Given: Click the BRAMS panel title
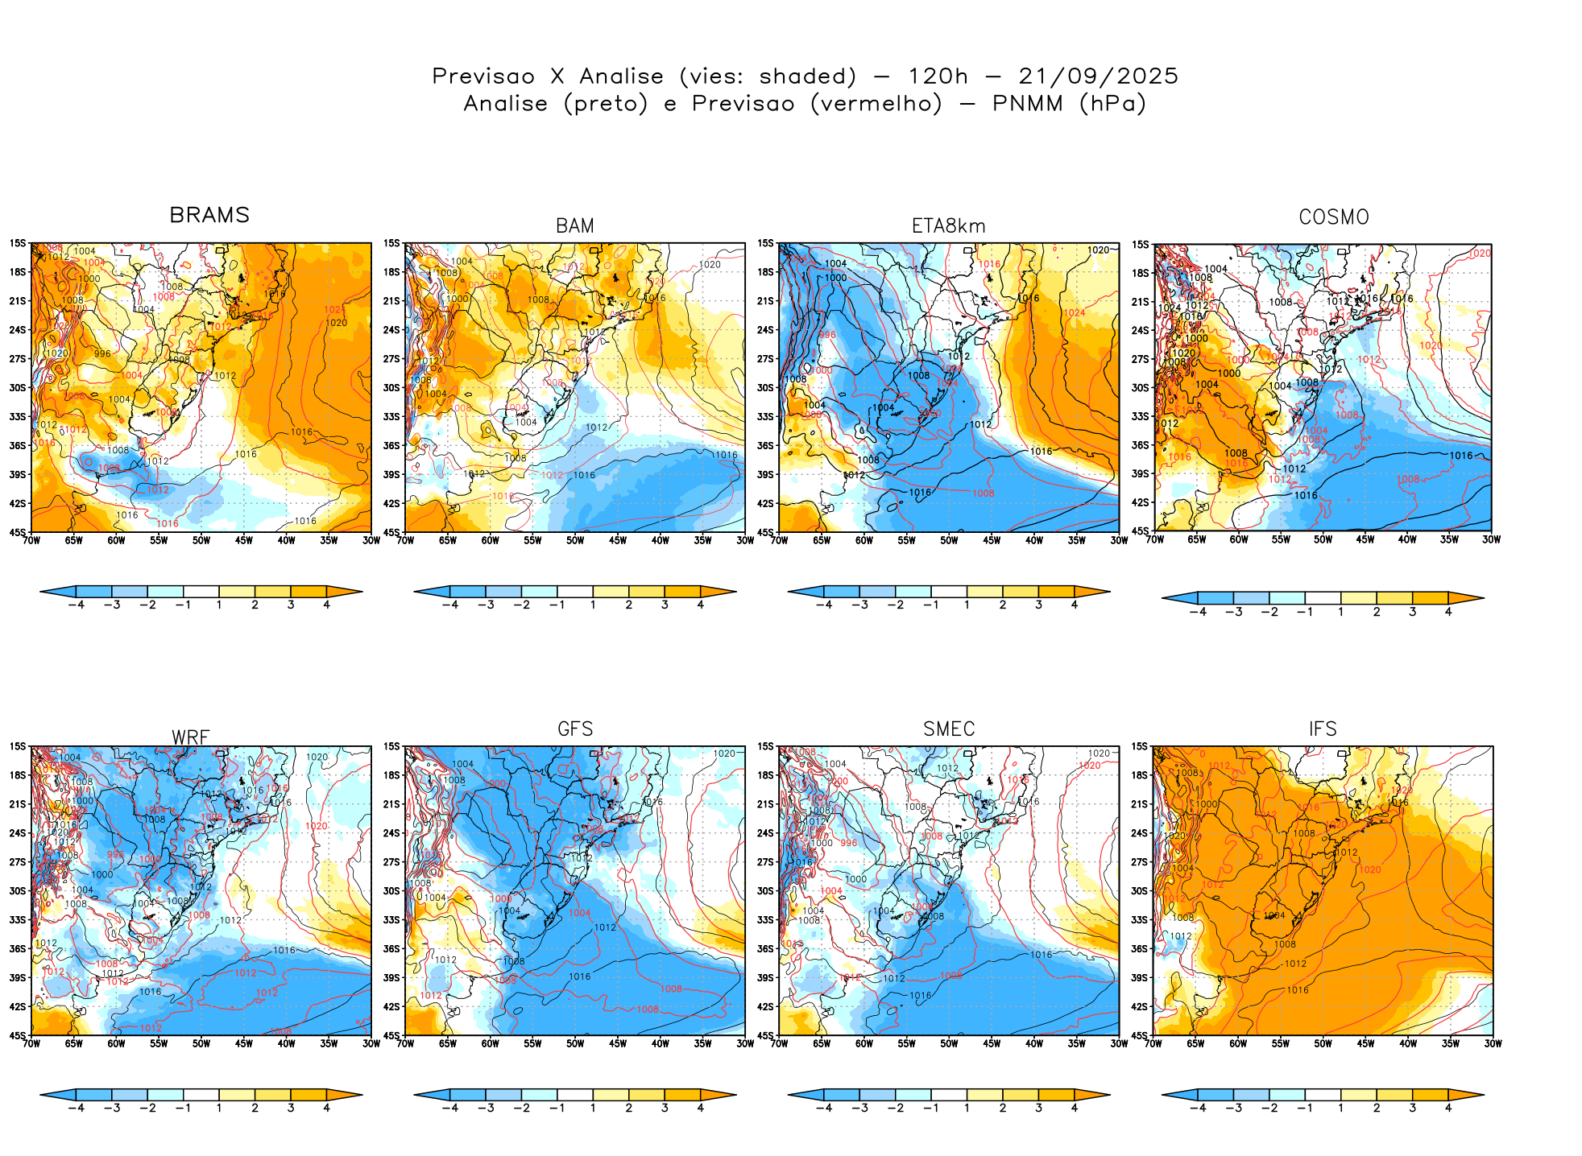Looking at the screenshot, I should coord(209,215).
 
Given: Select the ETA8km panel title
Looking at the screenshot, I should coord(948,226).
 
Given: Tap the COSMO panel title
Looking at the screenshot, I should coord(1333,217).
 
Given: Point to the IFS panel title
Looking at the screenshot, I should coord(1323,729).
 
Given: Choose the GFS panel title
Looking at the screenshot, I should coord(575,729).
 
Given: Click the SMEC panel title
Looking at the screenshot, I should coord(949,729).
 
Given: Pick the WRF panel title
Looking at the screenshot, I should coord(191,737).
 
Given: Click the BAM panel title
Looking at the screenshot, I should coord(575,226).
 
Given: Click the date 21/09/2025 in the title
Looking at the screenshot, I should coord(1098,76).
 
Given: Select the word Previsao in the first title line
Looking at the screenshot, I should coord(483,76).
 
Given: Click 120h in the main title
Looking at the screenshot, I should coord(938,76).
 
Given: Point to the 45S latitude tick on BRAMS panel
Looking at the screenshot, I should coord(18,532).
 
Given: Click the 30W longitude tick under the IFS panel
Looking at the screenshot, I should coord(1493,1044).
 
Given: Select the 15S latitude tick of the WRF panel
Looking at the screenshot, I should coord(18,747).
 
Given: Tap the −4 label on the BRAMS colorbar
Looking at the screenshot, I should coord(76,605).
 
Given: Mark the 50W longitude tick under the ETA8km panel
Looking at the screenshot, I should coord(949,541).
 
